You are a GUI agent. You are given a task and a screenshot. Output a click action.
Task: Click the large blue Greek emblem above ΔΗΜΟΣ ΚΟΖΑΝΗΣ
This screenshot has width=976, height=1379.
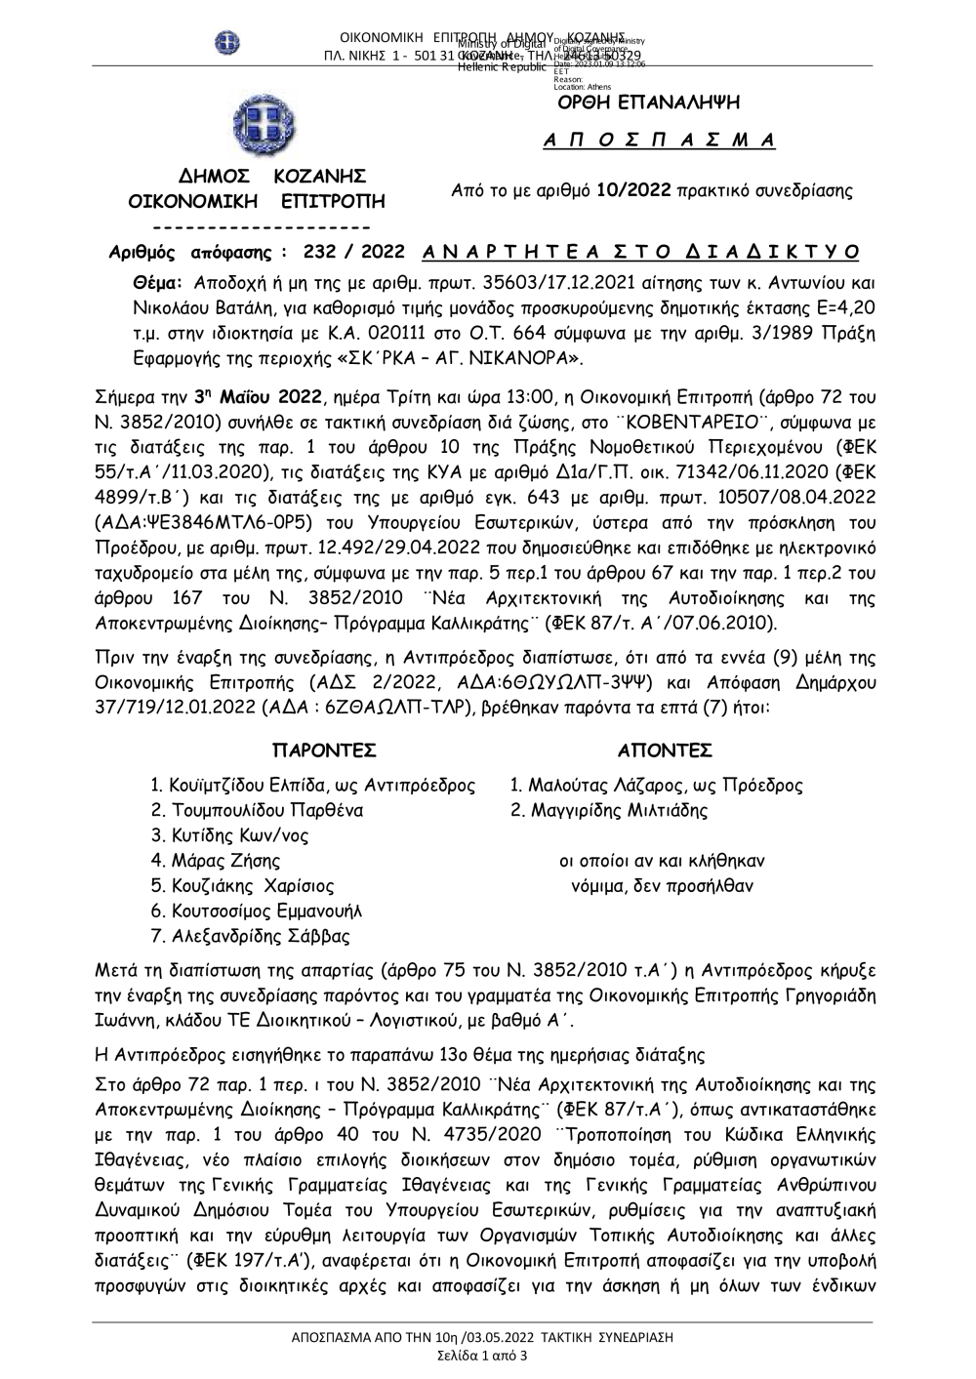[x=259, y=127]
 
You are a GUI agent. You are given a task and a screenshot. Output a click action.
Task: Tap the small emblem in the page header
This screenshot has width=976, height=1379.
[x=226, y=43]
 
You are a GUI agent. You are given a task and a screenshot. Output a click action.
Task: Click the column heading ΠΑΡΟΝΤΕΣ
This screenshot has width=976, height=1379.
[x=324, y=750]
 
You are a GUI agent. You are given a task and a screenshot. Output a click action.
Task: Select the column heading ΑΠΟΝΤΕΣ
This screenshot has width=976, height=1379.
[x=666, y=750]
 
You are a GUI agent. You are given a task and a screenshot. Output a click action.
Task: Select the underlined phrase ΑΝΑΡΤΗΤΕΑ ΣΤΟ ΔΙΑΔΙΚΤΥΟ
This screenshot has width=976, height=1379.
[x=641, y=252]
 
